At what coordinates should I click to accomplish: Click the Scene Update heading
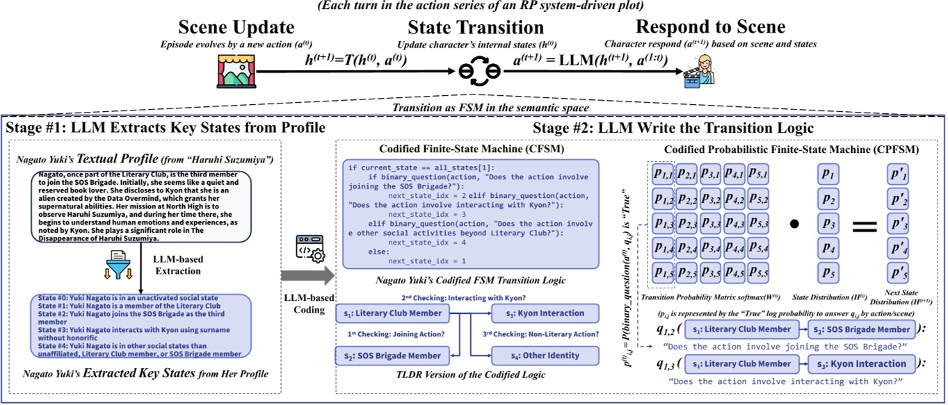click(x=236, y=27)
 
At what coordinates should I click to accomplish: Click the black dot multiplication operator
click(x=794, y=225)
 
